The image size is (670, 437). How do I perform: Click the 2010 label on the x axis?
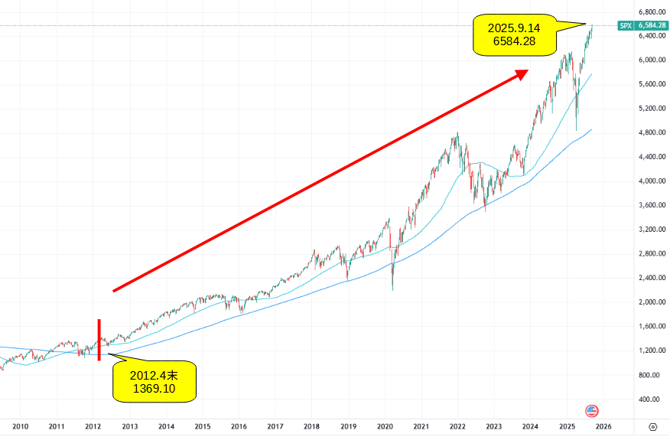pos(20,426)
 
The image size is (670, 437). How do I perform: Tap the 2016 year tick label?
pos(239,426)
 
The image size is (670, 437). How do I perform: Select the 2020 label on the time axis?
pos(385,426)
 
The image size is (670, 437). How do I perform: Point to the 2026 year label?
pos(603,426)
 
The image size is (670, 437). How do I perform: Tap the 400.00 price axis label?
pos(650,399)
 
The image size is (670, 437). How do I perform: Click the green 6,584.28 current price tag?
pos(651,25)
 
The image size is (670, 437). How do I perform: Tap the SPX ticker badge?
pos(626,25)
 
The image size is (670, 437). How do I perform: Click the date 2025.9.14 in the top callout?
pos(513,28)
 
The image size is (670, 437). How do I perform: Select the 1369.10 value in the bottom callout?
pos(154,390)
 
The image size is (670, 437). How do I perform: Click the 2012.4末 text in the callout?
pos(154,375)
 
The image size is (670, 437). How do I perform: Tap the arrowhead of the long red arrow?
pos(522,73)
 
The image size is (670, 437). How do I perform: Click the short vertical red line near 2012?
pos(99,339)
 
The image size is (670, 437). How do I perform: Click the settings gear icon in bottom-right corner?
pos(652,426)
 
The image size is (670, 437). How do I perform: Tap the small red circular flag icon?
pos(591,410)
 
